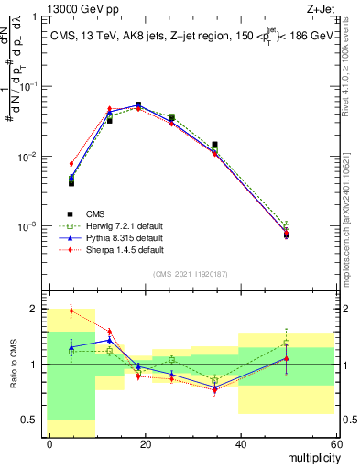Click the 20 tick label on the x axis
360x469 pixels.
144,443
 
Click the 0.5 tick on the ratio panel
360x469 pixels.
32,420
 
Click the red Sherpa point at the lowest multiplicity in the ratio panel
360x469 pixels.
71,311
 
